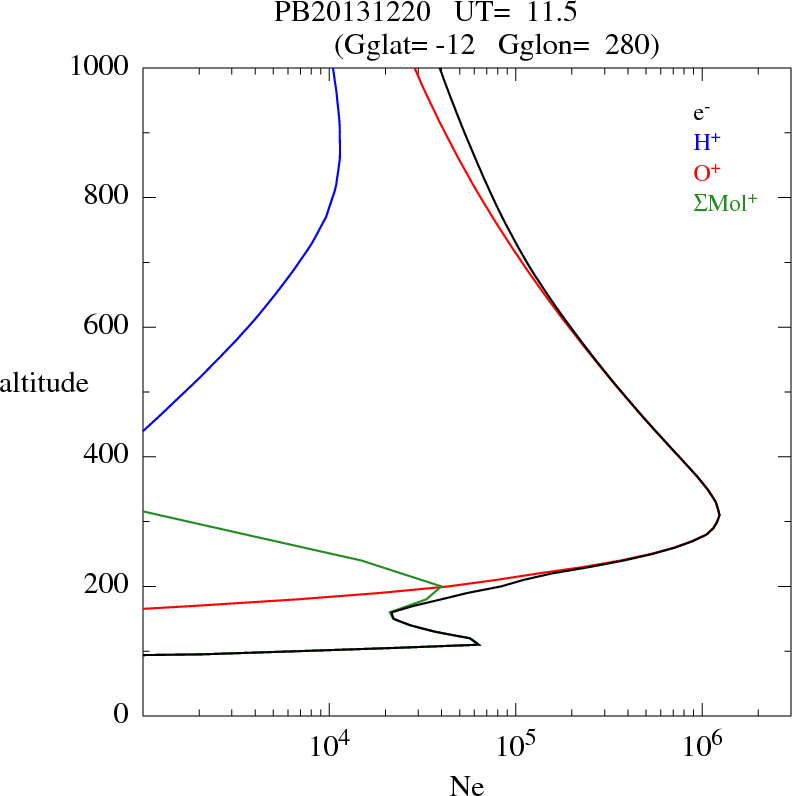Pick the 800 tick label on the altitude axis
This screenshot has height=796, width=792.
[x=109, y=197]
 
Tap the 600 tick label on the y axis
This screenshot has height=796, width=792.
[x=109, y=327]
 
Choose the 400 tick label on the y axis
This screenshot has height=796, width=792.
[x=109, y=457]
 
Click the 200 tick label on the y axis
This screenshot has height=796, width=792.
[x=109, y=586]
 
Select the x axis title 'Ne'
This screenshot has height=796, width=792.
[x=466, y=787]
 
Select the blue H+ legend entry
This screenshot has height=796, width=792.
[x=706, y=143]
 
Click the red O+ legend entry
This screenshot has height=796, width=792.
[x=706, y=173]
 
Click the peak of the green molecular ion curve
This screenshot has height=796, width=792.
[x=441, y=586]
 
